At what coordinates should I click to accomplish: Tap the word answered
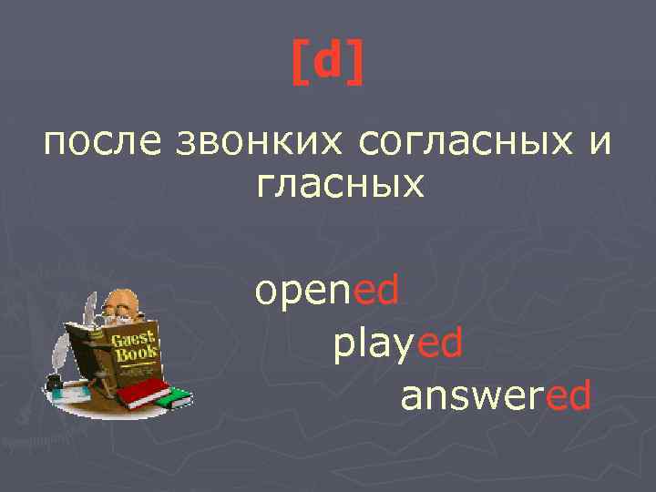tap(495, 395)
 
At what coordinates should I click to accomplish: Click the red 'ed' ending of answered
tap(566, 395)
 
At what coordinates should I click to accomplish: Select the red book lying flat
tap(145, 394)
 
